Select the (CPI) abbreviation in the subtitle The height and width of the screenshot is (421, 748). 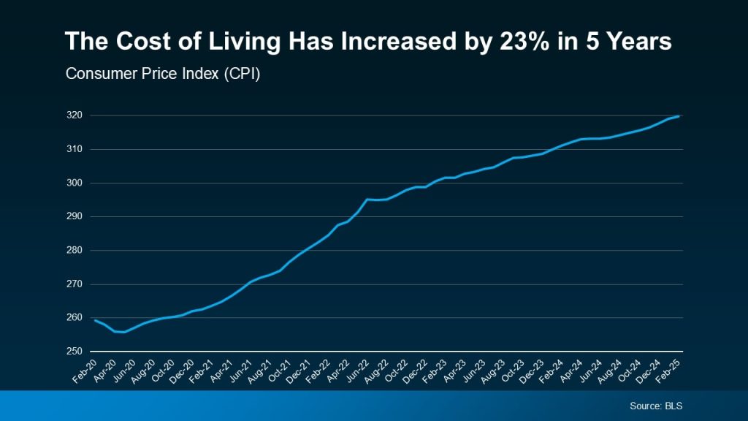(237, 75)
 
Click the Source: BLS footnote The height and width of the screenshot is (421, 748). (655, 406)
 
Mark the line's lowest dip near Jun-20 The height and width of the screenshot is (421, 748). (124, 332)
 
